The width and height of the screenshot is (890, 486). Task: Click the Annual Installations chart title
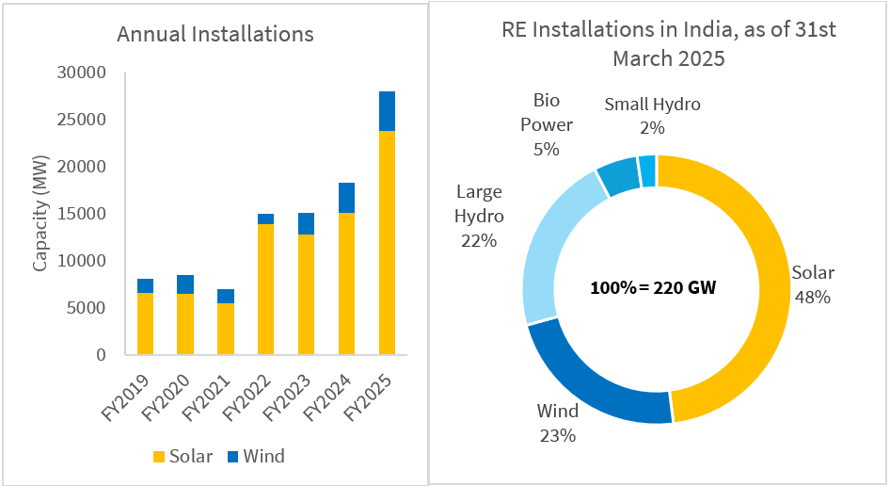pos(215,35)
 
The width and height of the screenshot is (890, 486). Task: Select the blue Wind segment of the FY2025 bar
pos(387,111)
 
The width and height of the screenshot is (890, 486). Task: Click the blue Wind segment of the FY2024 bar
pos(346,198)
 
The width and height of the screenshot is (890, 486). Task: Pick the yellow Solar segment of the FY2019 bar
pos(145,324)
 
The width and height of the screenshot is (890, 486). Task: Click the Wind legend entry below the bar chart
pos(254,457)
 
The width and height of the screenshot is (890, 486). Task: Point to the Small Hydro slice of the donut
pos(647,170)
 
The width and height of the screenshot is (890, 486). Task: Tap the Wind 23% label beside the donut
pos(558,423)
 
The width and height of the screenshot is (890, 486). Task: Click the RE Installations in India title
pos(668,43)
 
